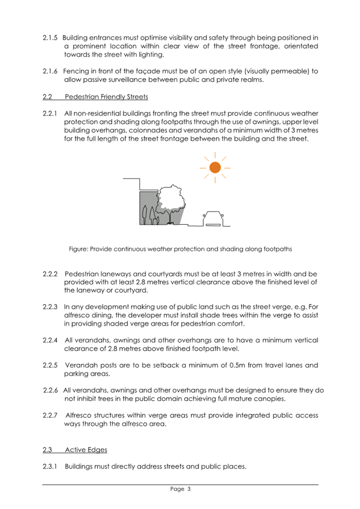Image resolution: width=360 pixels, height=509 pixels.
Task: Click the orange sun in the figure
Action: pyautogui.click(x=215, y=166)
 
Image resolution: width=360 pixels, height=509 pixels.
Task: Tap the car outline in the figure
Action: pyautogui.click(x=213, y=219)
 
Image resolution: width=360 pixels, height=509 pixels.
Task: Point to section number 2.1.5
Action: pyautogui.click(x=51, y=37)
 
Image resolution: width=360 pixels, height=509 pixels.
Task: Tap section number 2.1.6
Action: pyautogui.click(x=51, y=71)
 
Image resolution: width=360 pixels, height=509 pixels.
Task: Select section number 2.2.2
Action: pyautogui.click(x=51, y=274)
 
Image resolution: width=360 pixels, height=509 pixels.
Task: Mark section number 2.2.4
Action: pyautogui.click(x=51, y=340)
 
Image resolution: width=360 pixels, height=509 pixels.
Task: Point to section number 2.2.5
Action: pyautogui.click(x=51, y=365)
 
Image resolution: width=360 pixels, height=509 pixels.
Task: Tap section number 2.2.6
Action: pyautogui.click(x=51, y=391)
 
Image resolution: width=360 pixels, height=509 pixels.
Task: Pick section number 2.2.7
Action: pyautogui.click(x=51, y=415)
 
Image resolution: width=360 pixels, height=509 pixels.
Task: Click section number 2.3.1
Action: pyautogui.click(x=51, y=467)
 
